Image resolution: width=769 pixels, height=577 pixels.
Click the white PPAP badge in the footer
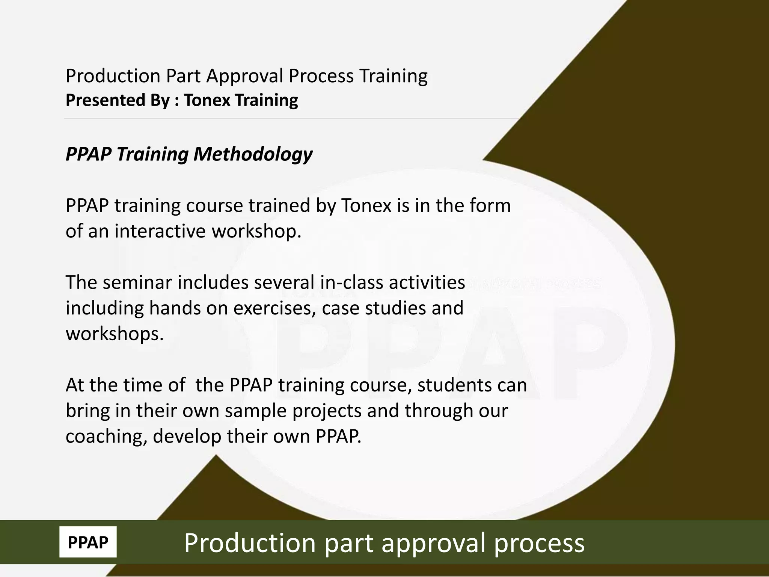coord(88,542)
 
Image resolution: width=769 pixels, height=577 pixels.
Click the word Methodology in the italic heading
coord(253,154)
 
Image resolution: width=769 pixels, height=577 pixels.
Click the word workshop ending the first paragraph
coord(256,231)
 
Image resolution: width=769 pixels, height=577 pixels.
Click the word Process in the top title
coord(321,76)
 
